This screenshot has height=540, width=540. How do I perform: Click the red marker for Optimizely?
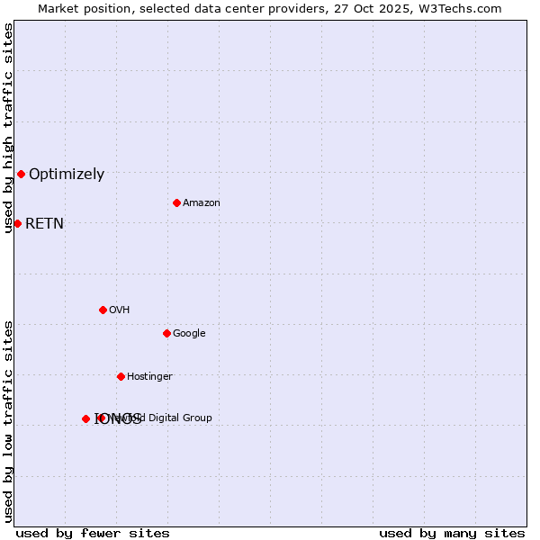(21, 174)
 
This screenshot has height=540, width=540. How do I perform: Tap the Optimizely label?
(67, 175)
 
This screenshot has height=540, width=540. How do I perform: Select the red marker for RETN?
(17, 223)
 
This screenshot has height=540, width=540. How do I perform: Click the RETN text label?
(44, 224)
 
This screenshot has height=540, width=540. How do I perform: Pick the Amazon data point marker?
(176, 202)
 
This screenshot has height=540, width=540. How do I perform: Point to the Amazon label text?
(202, 203)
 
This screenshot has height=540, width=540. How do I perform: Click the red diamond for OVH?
(103, 310)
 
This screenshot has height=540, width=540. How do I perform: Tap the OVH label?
(120, 310)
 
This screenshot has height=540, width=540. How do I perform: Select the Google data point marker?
(166, 333)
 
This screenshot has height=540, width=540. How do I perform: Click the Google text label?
(189, 334)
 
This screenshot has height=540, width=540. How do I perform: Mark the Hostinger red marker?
(121, 376)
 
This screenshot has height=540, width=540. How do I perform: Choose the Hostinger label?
(149, 377)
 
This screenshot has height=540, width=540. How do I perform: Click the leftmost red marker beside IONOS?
(85, 418)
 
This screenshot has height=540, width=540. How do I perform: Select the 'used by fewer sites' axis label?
(93, 534)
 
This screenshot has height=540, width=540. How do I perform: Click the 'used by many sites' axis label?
(452, 534)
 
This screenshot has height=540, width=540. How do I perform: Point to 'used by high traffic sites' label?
(8, 128)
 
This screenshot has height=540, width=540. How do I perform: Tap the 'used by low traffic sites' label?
(8, 420)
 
